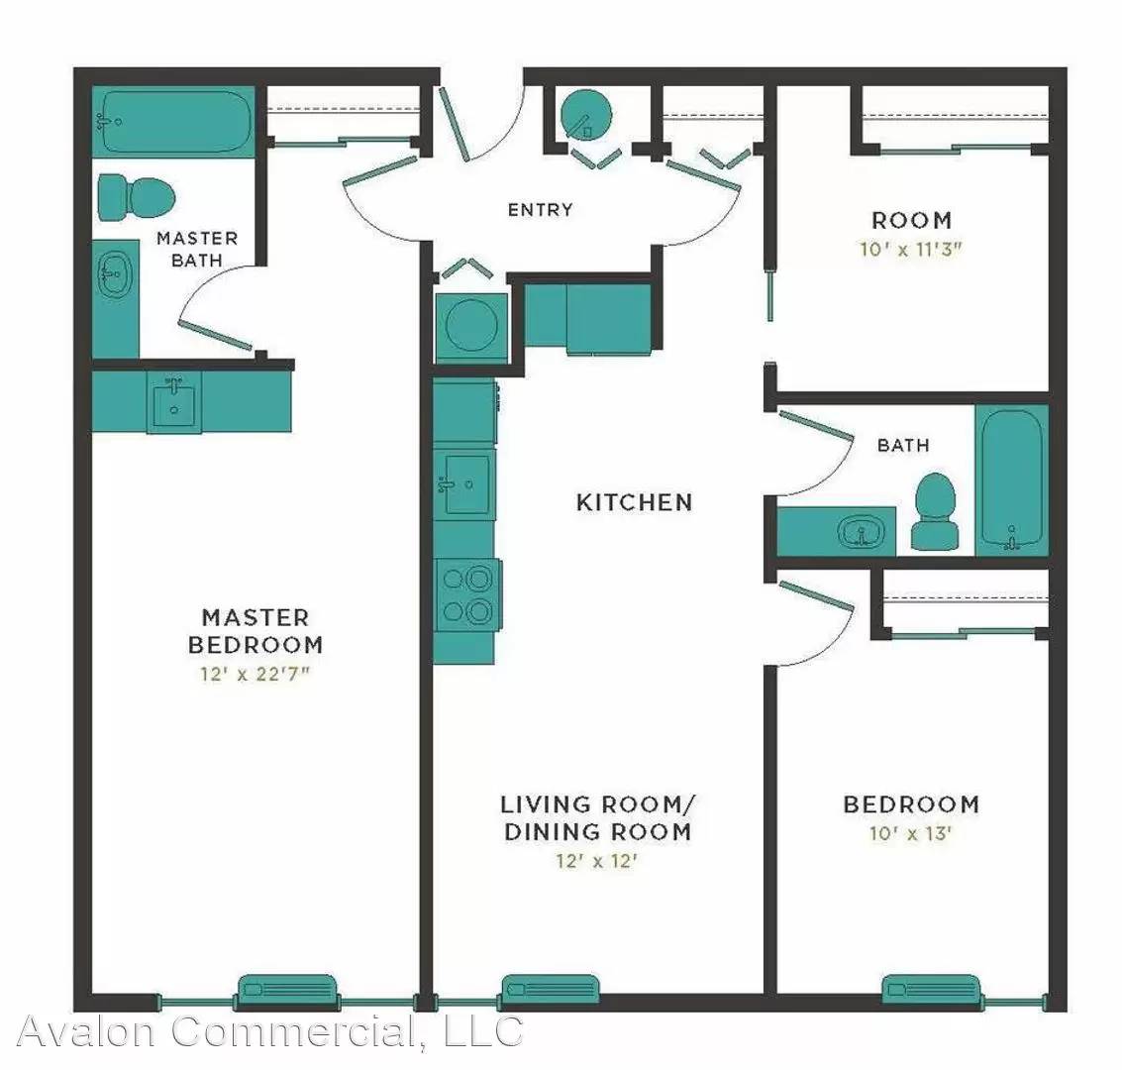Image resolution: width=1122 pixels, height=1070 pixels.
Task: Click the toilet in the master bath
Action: [x=137, y=198]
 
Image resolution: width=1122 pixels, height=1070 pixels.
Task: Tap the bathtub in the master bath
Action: [x=174, y=122]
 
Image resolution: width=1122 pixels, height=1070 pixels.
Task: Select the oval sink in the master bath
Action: [x=114, y=274]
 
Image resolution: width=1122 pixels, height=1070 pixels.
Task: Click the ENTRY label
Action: [x=541, y=210]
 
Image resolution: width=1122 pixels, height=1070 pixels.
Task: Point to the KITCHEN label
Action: [x=635, y=502]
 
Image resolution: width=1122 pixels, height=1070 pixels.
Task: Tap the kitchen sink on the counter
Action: [x=465, y=483]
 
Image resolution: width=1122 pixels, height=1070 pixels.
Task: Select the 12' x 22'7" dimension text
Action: [x=255, y=674]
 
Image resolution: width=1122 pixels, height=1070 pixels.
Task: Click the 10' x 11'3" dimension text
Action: [x=911, y=249]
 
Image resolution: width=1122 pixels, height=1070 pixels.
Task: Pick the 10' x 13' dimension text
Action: [x=910, y=834]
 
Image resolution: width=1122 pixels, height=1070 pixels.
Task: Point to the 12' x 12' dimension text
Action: [x=597, y=860]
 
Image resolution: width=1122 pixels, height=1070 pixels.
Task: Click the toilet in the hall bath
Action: [x=935, y=511]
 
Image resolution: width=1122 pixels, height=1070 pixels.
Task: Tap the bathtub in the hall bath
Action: [x=1012, y=481]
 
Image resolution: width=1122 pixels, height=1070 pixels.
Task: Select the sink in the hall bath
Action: [x=861, y=532]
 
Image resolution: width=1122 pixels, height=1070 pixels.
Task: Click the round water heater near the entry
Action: [x=586, y=115]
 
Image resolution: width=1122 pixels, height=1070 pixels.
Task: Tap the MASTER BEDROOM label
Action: [x=255, y=630]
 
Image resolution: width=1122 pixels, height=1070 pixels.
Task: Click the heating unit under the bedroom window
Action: [x=931, y=990]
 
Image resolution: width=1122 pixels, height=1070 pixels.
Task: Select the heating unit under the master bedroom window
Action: [x=287, y=990]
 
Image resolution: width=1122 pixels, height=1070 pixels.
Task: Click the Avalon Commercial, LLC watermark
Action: [x=269, y=1031]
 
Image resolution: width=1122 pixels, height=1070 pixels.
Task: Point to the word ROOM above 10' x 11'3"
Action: [x=912, y=220]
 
